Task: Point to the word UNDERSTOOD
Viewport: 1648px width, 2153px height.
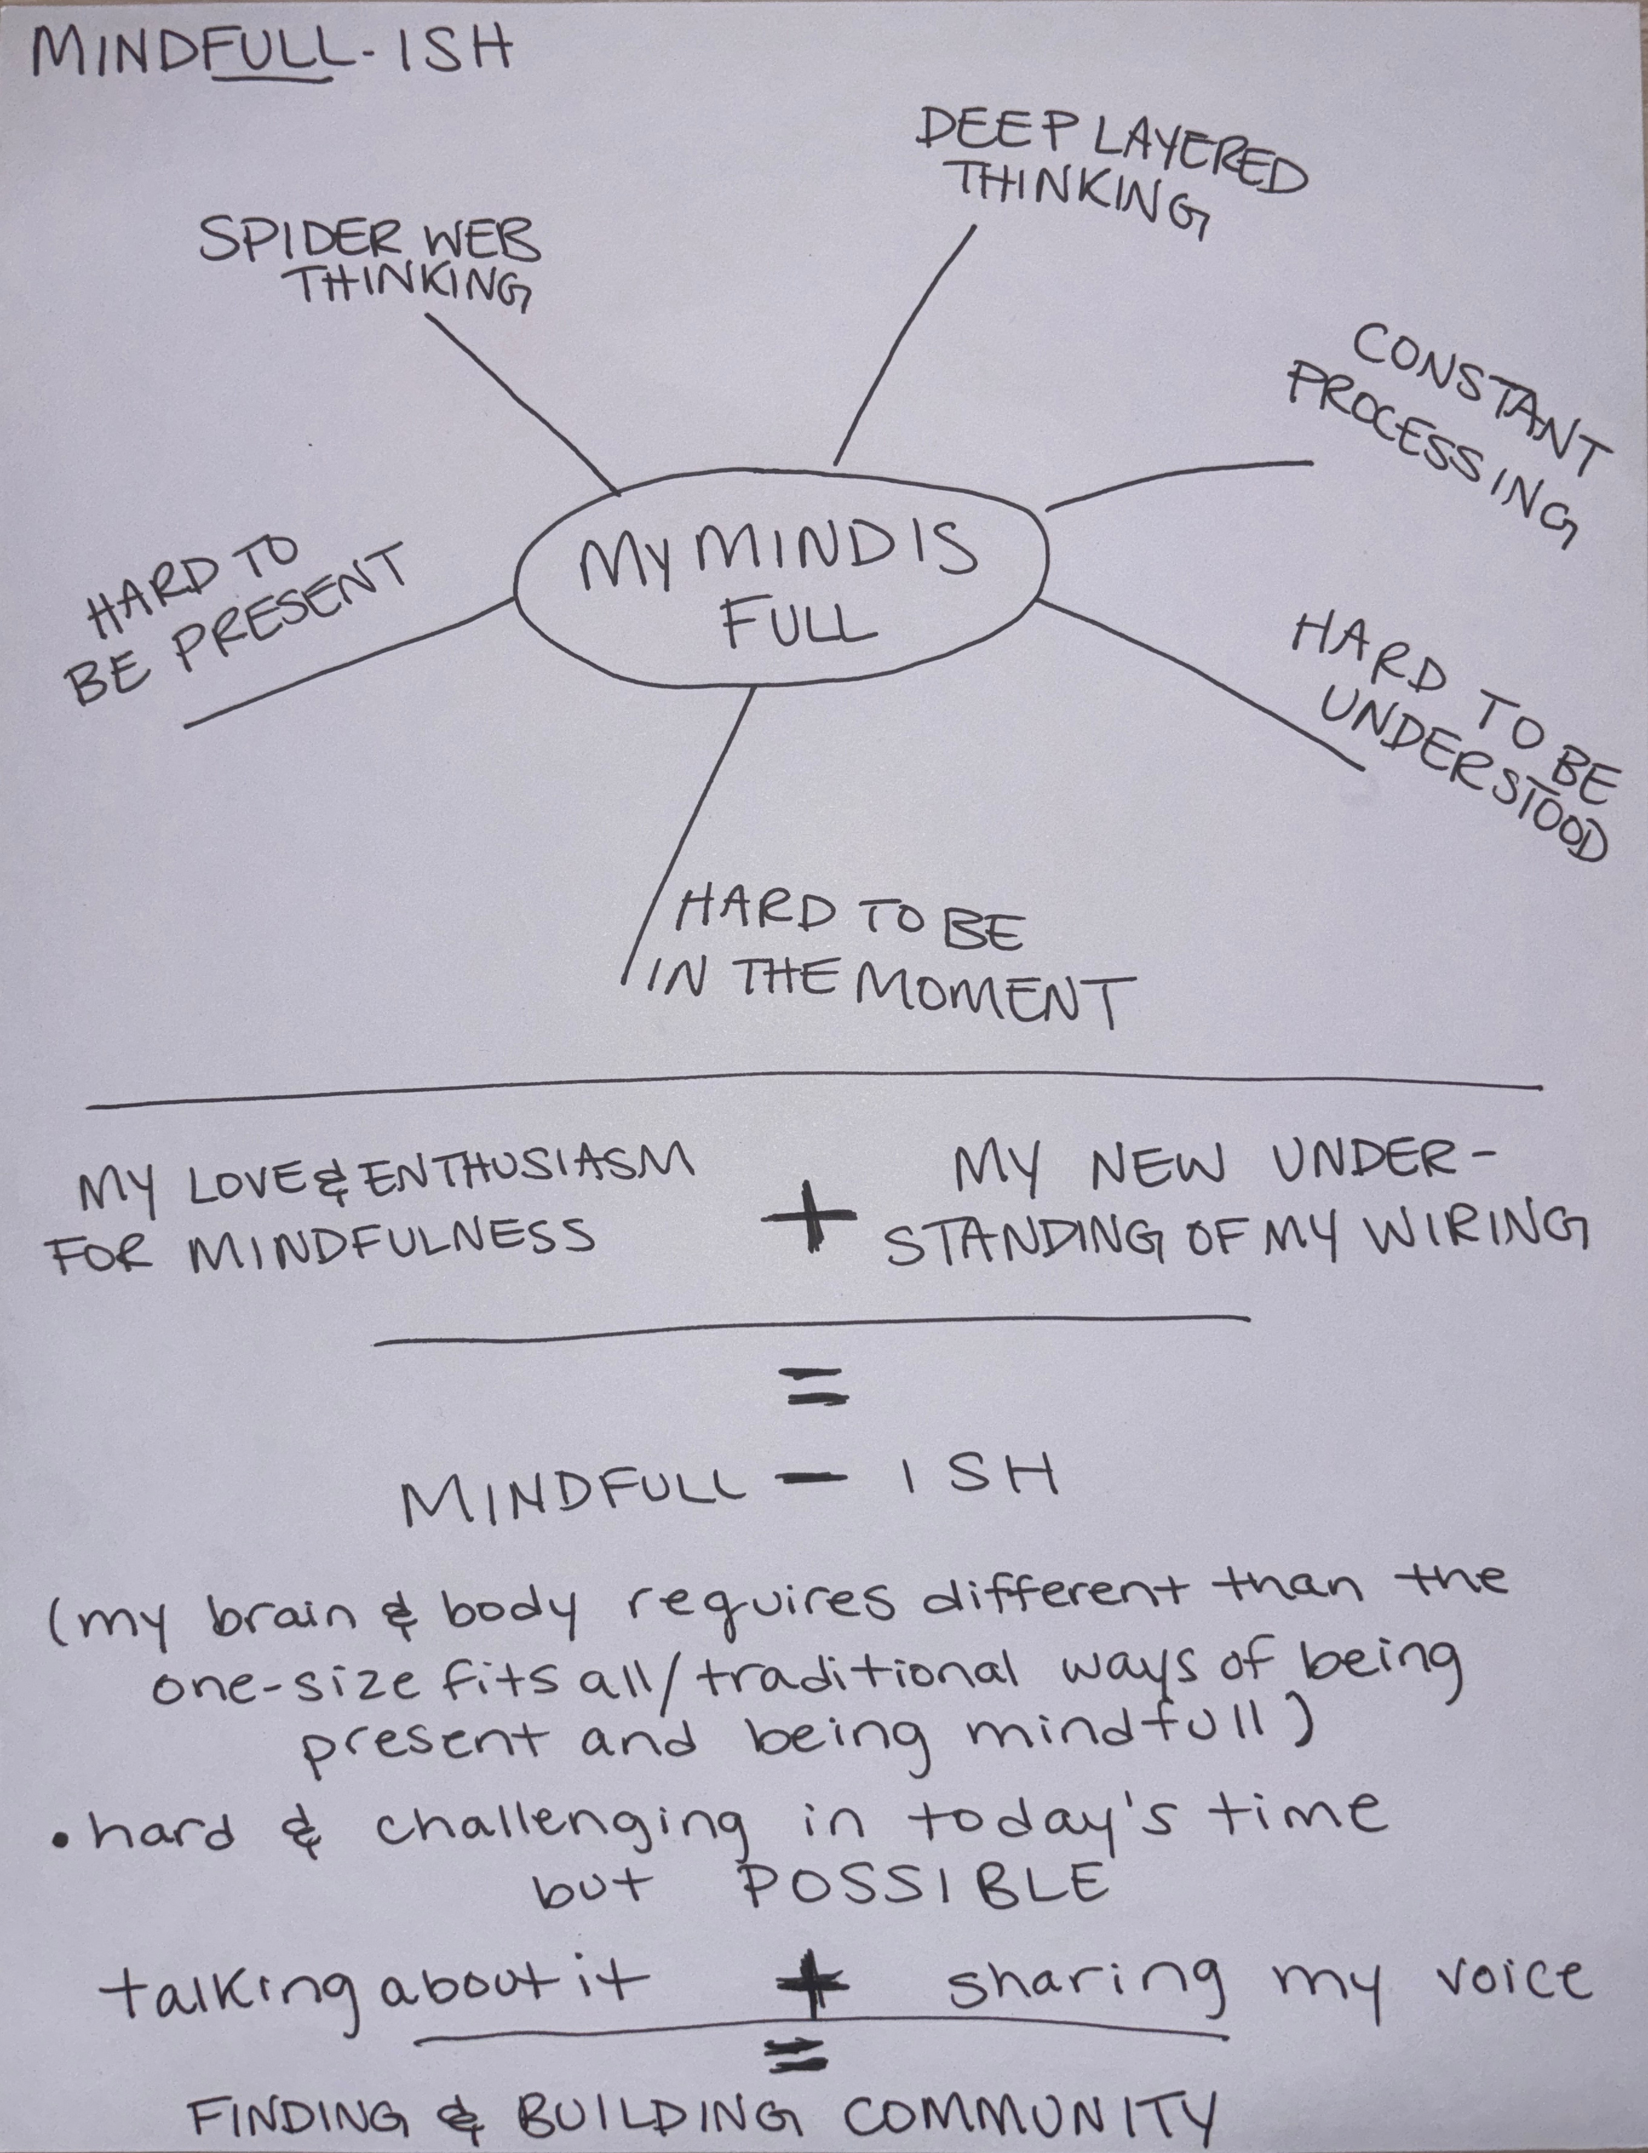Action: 1462,775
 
